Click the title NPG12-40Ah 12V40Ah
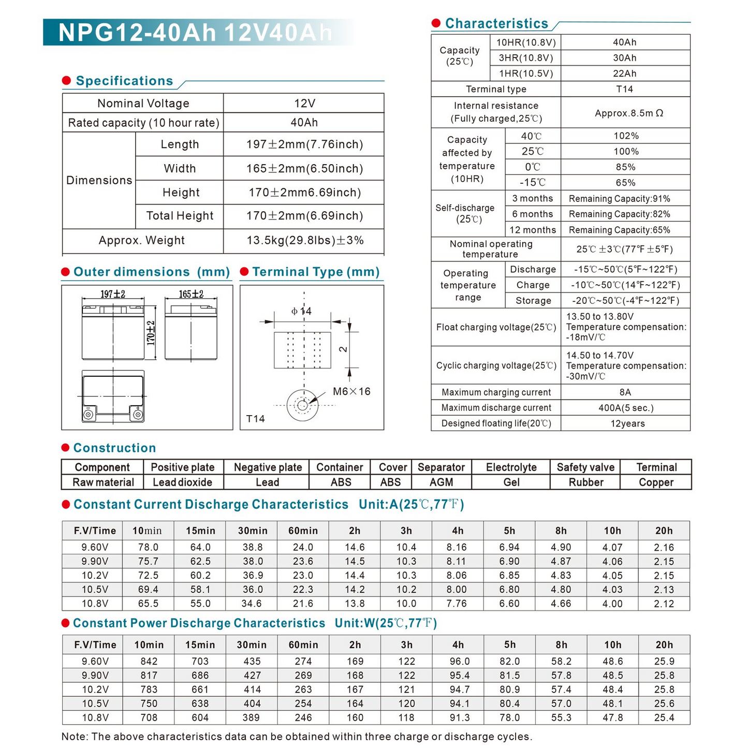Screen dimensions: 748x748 [195, 33]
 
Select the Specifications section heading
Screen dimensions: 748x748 [124, 81]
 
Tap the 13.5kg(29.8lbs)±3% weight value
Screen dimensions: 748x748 [305, 240]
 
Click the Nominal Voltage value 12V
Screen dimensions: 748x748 [304, 104]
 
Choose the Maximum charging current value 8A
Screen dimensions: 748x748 [625, 392]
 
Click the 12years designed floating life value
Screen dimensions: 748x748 [627, 423]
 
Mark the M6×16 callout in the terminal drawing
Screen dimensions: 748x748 [351, 391]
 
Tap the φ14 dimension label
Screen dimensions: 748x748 [301, 311]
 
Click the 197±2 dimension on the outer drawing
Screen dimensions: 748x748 [113, 294]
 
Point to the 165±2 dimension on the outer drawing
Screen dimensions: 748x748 [191, 294]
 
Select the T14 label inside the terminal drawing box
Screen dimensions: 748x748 [256, 419]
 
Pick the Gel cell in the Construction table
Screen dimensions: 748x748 [511, 482]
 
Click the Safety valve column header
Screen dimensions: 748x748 [585, 467]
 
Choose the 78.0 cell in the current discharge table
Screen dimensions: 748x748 [148, 547]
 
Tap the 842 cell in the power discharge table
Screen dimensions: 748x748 [149, 662]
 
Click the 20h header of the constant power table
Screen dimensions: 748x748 [664, 645]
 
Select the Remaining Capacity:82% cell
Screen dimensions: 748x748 [619, 214]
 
